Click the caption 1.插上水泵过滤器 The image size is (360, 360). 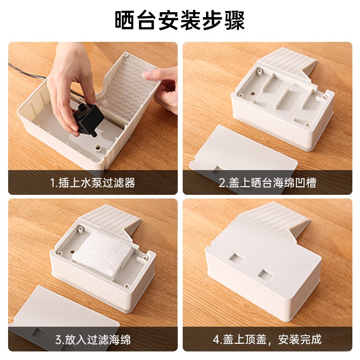pos(92,183)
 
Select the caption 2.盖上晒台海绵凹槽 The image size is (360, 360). pos(267,183)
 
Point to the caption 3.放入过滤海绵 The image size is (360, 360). pos(92,339)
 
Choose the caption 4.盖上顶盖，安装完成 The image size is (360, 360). pos(267,339)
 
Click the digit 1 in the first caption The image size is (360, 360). pos(52,183)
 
